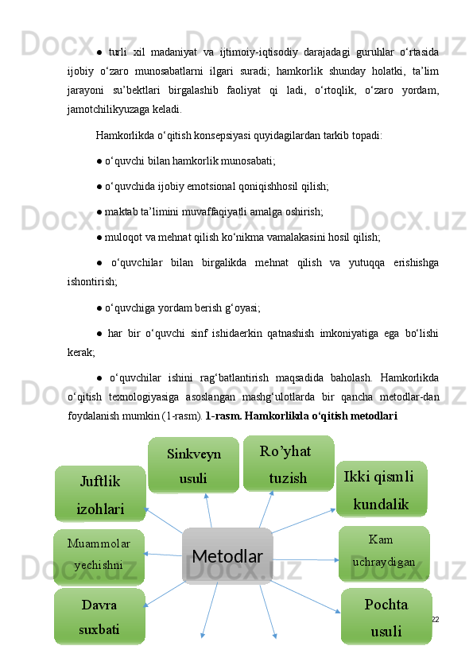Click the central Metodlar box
coord(227,556)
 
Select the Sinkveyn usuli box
coord(193,466)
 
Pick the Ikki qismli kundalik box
coord(382,489)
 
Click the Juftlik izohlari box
coord(100,493)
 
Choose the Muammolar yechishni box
coord(99,555)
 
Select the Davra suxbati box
coord(99,617)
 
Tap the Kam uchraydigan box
coord(384,552)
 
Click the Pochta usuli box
coord(386,617)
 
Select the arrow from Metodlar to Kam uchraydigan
coord(306,559)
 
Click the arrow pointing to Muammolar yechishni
coord(163,554)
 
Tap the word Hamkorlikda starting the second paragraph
coord(122,135)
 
